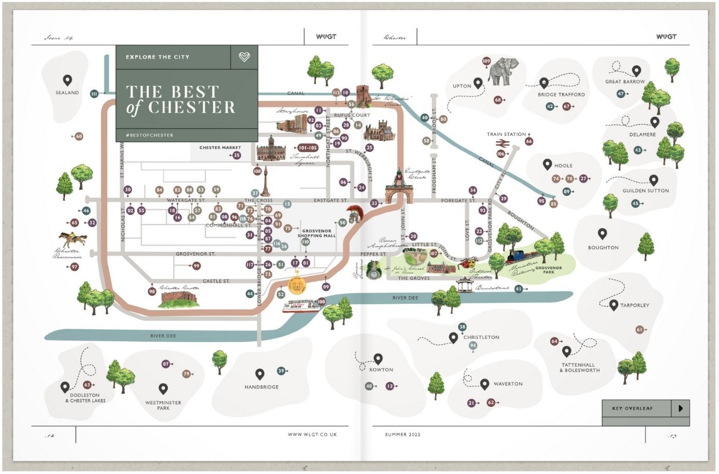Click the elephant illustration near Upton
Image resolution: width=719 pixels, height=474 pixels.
pos(504,72)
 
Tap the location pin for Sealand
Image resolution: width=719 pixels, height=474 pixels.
pos(68,81)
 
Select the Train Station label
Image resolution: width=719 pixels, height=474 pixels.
pos(506,135)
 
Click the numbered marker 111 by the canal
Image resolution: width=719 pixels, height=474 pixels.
pos(94,94)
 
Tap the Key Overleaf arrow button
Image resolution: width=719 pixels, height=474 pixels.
pos(680,409)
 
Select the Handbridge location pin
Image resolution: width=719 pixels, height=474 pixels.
pos(259,374)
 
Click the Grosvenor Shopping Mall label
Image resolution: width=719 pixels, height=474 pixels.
pos(317,233)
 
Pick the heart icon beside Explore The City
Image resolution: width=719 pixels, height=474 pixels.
pos(244,57)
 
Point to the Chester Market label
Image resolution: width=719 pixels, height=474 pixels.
pos(220,148)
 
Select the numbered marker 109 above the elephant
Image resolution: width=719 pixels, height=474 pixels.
pos(486,61)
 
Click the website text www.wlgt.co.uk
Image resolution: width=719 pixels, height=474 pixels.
pos(312,435)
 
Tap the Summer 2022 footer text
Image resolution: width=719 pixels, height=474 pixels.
pos(402,435)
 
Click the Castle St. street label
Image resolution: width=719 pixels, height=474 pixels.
pos(216,281)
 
